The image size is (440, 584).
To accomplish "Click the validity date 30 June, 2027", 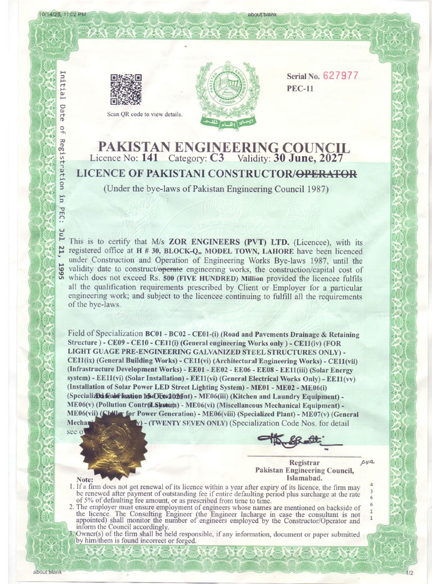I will pyautogui.click(x=308, y=158).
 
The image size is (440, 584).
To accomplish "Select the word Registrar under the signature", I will pyautogui.click(x=304, y=463).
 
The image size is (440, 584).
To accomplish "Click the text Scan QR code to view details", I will pyautogui.click(x=145, y=114).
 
